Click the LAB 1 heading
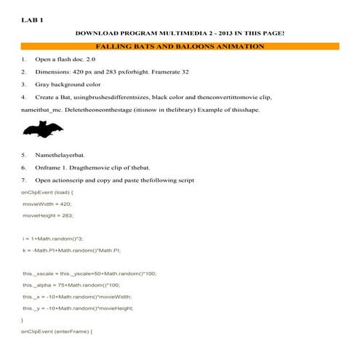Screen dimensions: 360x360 (x=33, y=20)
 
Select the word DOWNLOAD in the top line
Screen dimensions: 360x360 (x=97, y=33)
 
